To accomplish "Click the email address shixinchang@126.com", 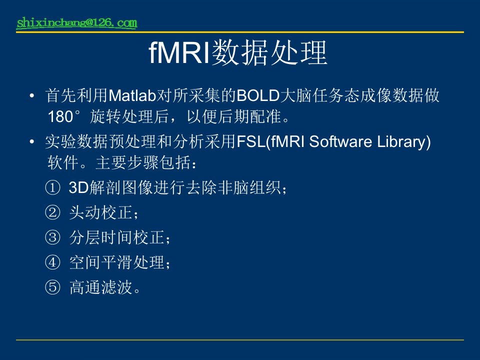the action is pyautogui.click(x=77, y=23).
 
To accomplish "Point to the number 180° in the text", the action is pyautogui.click(x=64, y=116).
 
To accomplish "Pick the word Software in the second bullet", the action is pyautogui.click(x=340, y=141).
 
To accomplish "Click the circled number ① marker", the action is pyautogui.click(x=52, y=187).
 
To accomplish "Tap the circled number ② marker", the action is pyautogui.click(x=52, y=212).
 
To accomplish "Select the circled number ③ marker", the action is pyautogui.click(x=52, y=237).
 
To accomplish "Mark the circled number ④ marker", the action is pyautogui.click(x=52, y=262).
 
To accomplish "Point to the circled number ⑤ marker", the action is pyautogui.click(x=52, y=287).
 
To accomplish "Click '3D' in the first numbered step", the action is pyautogui.click(x=78, y=187).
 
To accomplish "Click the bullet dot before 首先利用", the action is pyautogui.click(x=32, y=96).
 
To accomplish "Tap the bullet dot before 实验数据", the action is pyautogui.click(x=32, y=141).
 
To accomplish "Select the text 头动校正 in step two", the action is pyautogui.click(x=101, y=212).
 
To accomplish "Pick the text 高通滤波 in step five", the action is pyautogui.click(x=101, y=287).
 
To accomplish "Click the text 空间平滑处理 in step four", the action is pyautogui.click(x=117, y=262).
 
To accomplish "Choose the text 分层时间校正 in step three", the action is pyautogui.click(x=117, y=237).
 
